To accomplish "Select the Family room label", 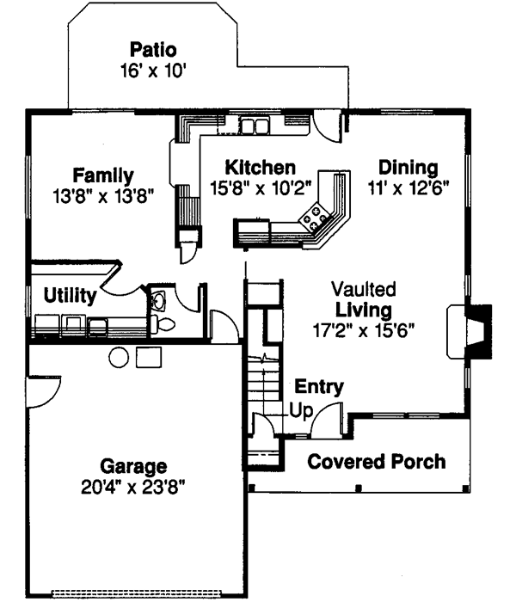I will (x=102, y=175).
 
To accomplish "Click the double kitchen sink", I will (x=254, y=126).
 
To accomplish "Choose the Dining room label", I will (x=408, y=167).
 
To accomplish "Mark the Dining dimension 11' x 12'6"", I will (x=408, y=187).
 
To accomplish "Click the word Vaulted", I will (x=365, y=289).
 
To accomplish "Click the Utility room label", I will (x=69, y=297).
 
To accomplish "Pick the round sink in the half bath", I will (x=157, y=300).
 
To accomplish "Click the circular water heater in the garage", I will (x=119, y=356).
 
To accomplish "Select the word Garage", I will (x=132, y=467).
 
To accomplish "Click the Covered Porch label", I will (x=377, y=462).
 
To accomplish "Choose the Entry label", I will (x=319, y=387).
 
